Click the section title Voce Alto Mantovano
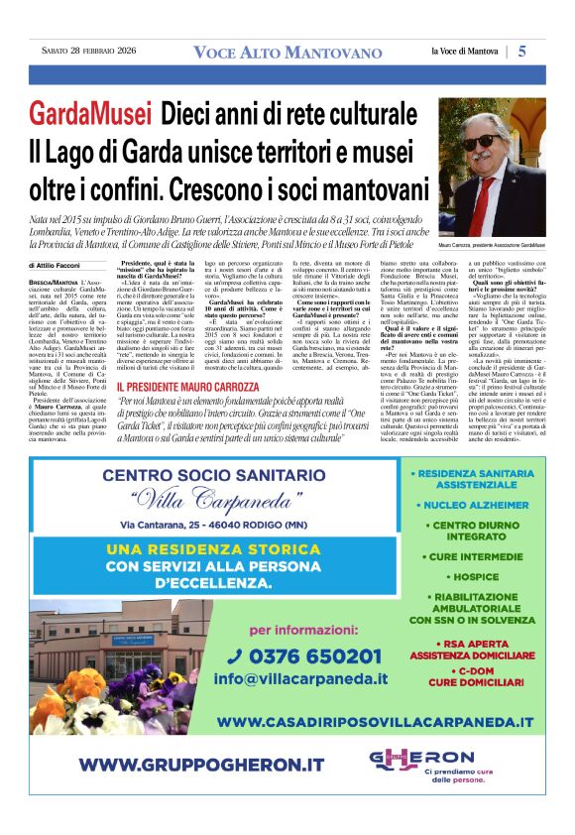287,52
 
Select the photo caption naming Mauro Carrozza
492,244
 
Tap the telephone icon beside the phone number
235,656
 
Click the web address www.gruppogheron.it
201,765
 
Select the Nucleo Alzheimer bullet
470,505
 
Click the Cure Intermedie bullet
470,556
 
